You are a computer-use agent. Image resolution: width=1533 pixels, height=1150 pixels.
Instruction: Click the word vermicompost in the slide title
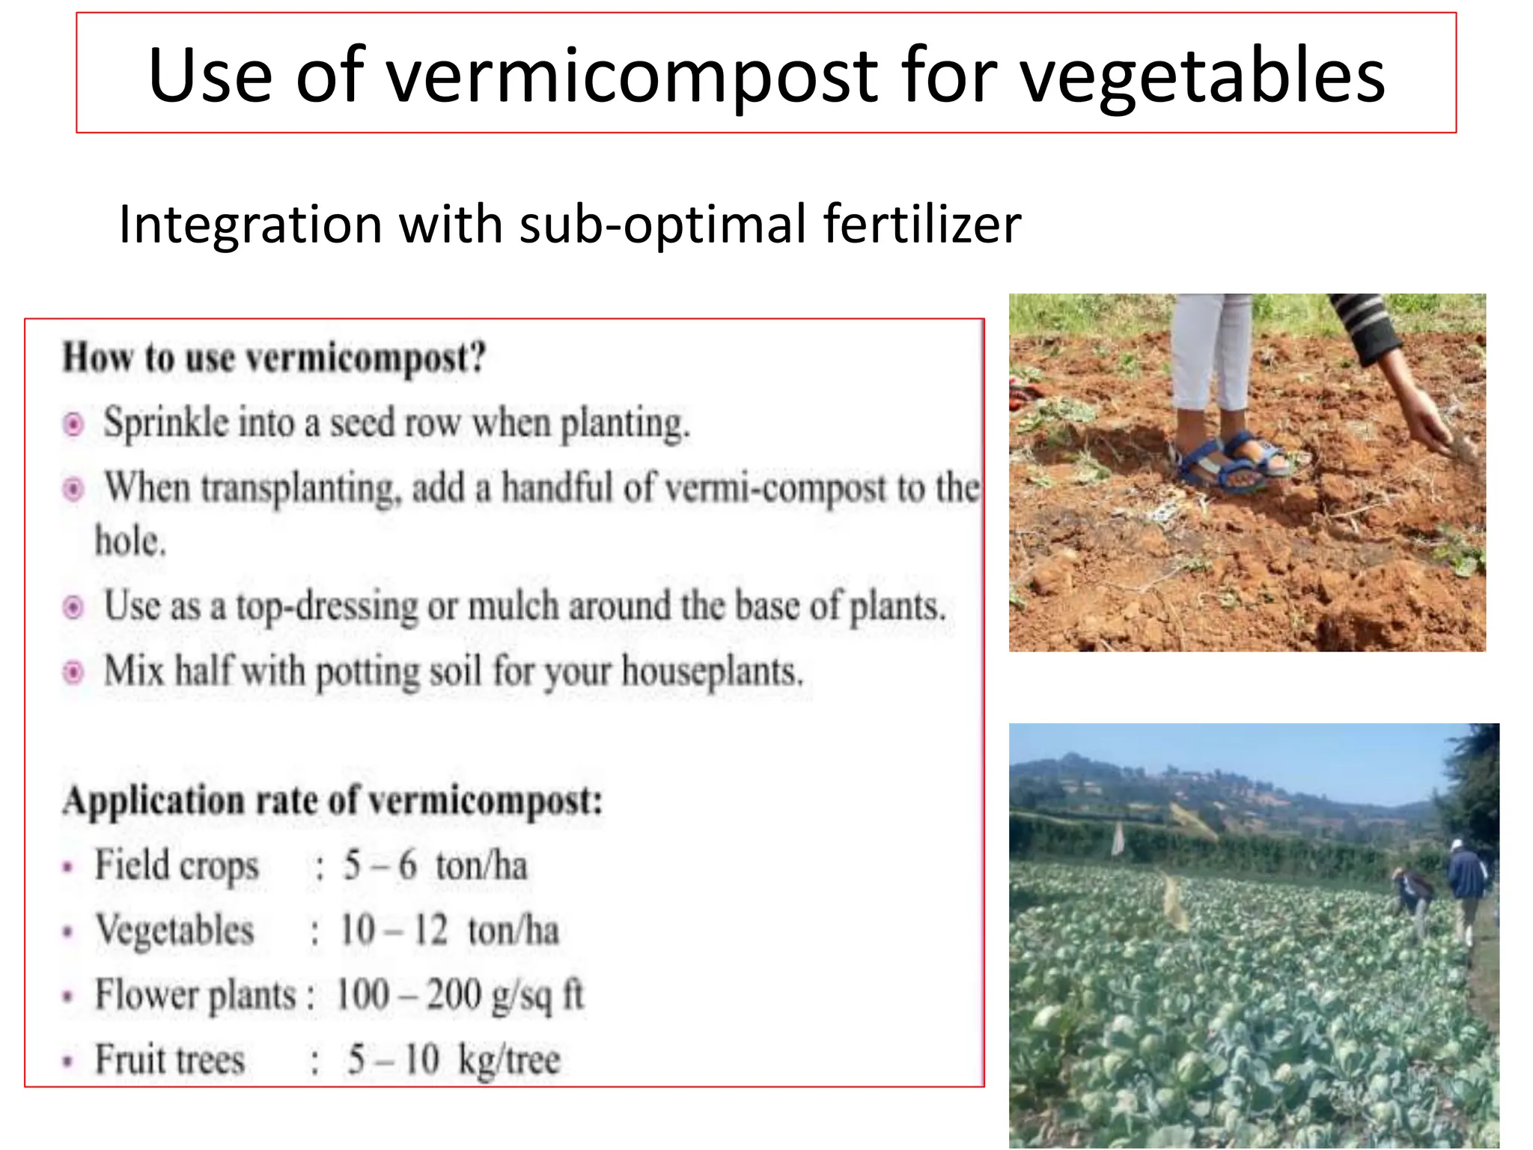click(633, 76)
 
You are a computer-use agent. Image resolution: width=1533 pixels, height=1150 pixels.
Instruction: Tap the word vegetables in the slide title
click(1203, 76)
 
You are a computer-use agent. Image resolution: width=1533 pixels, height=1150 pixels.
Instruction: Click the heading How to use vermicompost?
click(274, 358)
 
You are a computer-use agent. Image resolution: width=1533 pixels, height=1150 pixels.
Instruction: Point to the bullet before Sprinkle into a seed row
click(73, 425)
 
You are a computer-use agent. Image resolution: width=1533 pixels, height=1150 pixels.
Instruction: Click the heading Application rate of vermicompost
click(332, 801)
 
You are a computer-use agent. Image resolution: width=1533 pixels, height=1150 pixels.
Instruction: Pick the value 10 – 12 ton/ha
click(449, 931)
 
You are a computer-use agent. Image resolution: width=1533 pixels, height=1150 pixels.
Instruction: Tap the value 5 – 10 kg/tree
click(454, 1060)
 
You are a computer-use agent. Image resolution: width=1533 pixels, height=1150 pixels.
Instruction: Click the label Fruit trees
click(170, 1060)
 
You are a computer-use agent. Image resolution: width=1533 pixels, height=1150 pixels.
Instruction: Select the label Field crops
click(177, 866)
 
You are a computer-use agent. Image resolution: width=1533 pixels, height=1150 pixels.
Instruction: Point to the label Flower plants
click(196, 996)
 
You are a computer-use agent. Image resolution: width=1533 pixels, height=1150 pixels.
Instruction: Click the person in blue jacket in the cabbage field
click(1467, 883)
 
